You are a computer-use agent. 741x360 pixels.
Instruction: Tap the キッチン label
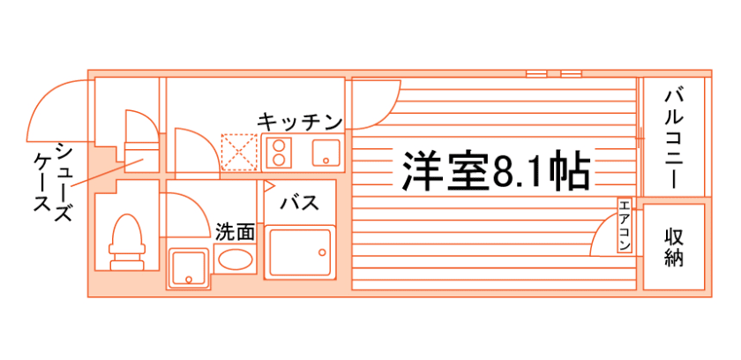click(300, 121)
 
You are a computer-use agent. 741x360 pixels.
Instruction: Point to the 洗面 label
click(235, 232)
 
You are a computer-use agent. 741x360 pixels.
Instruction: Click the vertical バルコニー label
click(676, 137)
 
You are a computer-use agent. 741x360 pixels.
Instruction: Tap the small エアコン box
click(623, 227)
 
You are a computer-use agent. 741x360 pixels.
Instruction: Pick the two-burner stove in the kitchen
click(280, 153)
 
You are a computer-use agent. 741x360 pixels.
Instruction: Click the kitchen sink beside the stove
click(324, 153)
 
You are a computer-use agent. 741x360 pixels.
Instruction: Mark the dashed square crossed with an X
click(237, 151)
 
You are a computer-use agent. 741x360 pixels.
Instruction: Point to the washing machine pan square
click(189, 267)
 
